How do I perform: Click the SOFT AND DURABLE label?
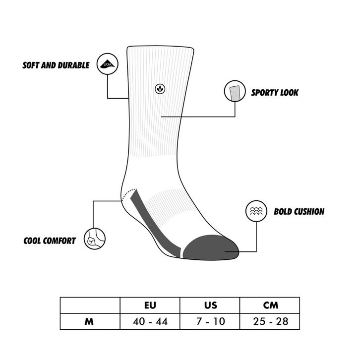pyautogui.click(x=56, y=65)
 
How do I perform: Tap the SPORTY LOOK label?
pyautogui.click(x=275, y=92)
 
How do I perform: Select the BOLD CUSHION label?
pyautogui.click(x=299, y=211)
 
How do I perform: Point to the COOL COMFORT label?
pyautogui.click(x=50, y=241)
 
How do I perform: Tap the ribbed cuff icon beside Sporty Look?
pyautogui.click(x=235, y=92)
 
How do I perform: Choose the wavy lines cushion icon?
pyautogui.click(x=256, y=211)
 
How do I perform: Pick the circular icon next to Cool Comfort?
pyautogui.click(x=94, y=239)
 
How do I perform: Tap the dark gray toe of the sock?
pyautogui.click(x=211, y=247)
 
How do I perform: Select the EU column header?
pyautogui.click(x=150, y=305)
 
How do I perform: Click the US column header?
pyautogui.click(x=210, y=305)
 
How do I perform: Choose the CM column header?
pyautogui.click(x=270, y=305)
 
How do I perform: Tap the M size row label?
pyautogui.click(x=90, y=321)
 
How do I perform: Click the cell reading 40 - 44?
pyautogui.click(x=150, y=321)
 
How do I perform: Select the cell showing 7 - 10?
pyautogui.click(x=210, y=321)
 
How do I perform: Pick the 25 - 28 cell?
pyautogui.click(x=270, y=321)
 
